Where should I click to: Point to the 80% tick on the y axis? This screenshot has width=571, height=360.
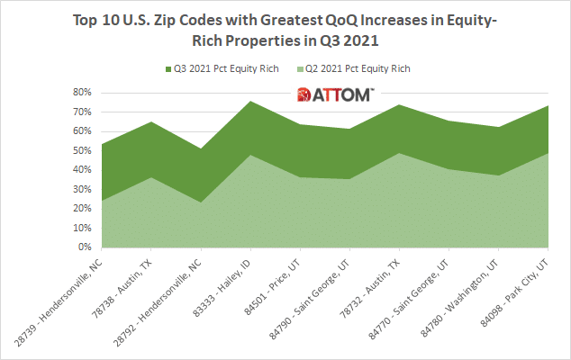82,92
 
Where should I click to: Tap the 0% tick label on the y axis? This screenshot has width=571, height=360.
85,247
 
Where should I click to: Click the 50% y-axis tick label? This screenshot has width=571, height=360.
82,150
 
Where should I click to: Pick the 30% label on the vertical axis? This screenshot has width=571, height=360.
82,189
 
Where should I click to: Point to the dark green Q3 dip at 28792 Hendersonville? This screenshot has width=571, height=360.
201,149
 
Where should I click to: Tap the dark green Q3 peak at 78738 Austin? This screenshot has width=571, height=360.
151,122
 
